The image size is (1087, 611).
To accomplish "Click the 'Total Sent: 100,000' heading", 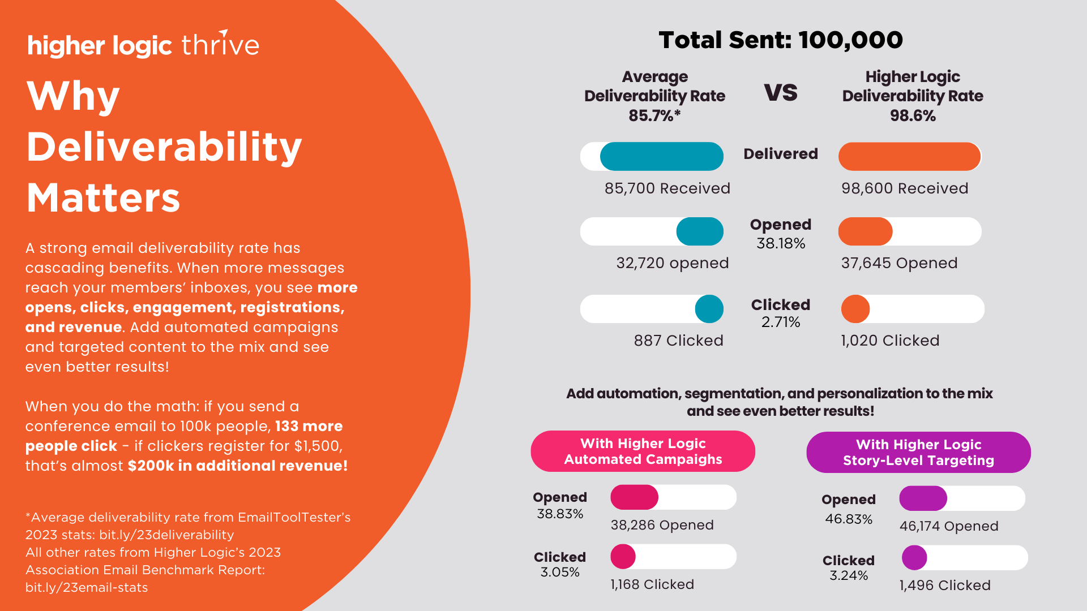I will click(x=780, y=40).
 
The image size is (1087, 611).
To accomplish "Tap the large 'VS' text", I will click(x=781, y=92).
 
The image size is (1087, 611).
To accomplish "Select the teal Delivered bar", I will click(x=661, y=157).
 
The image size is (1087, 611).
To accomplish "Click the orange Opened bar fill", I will click(x=865, y=231).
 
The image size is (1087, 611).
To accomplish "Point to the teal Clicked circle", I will click(x=709, y=309).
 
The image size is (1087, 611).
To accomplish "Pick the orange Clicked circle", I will click(x=855, y=309).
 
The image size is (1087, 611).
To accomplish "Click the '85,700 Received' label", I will click(x=667, y=188).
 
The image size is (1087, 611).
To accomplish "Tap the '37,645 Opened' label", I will click(x=899, y=263).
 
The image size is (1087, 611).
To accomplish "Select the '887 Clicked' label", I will click(x=678, y=341).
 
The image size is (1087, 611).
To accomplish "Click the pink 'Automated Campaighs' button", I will click(x=643, y=451).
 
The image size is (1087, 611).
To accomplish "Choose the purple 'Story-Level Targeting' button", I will click(x=918, y=453).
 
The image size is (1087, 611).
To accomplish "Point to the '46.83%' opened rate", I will click(x=849, y=519).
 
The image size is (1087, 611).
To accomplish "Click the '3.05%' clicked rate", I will click(x=560, y=572).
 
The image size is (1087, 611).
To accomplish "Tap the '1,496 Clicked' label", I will click(x=945, y=586).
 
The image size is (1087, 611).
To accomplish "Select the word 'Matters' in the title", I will click(x=104, y=198).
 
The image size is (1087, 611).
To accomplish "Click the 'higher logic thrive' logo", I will click(x=143, y=45).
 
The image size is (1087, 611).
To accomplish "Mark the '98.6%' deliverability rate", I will click(x=913, y=115).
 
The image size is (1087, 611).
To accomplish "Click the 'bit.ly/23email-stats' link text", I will click(x=87, y=587).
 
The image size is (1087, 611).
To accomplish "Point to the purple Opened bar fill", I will click(x=923, y=498).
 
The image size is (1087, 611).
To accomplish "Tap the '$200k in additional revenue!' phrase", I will click(x=238, y=466).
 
